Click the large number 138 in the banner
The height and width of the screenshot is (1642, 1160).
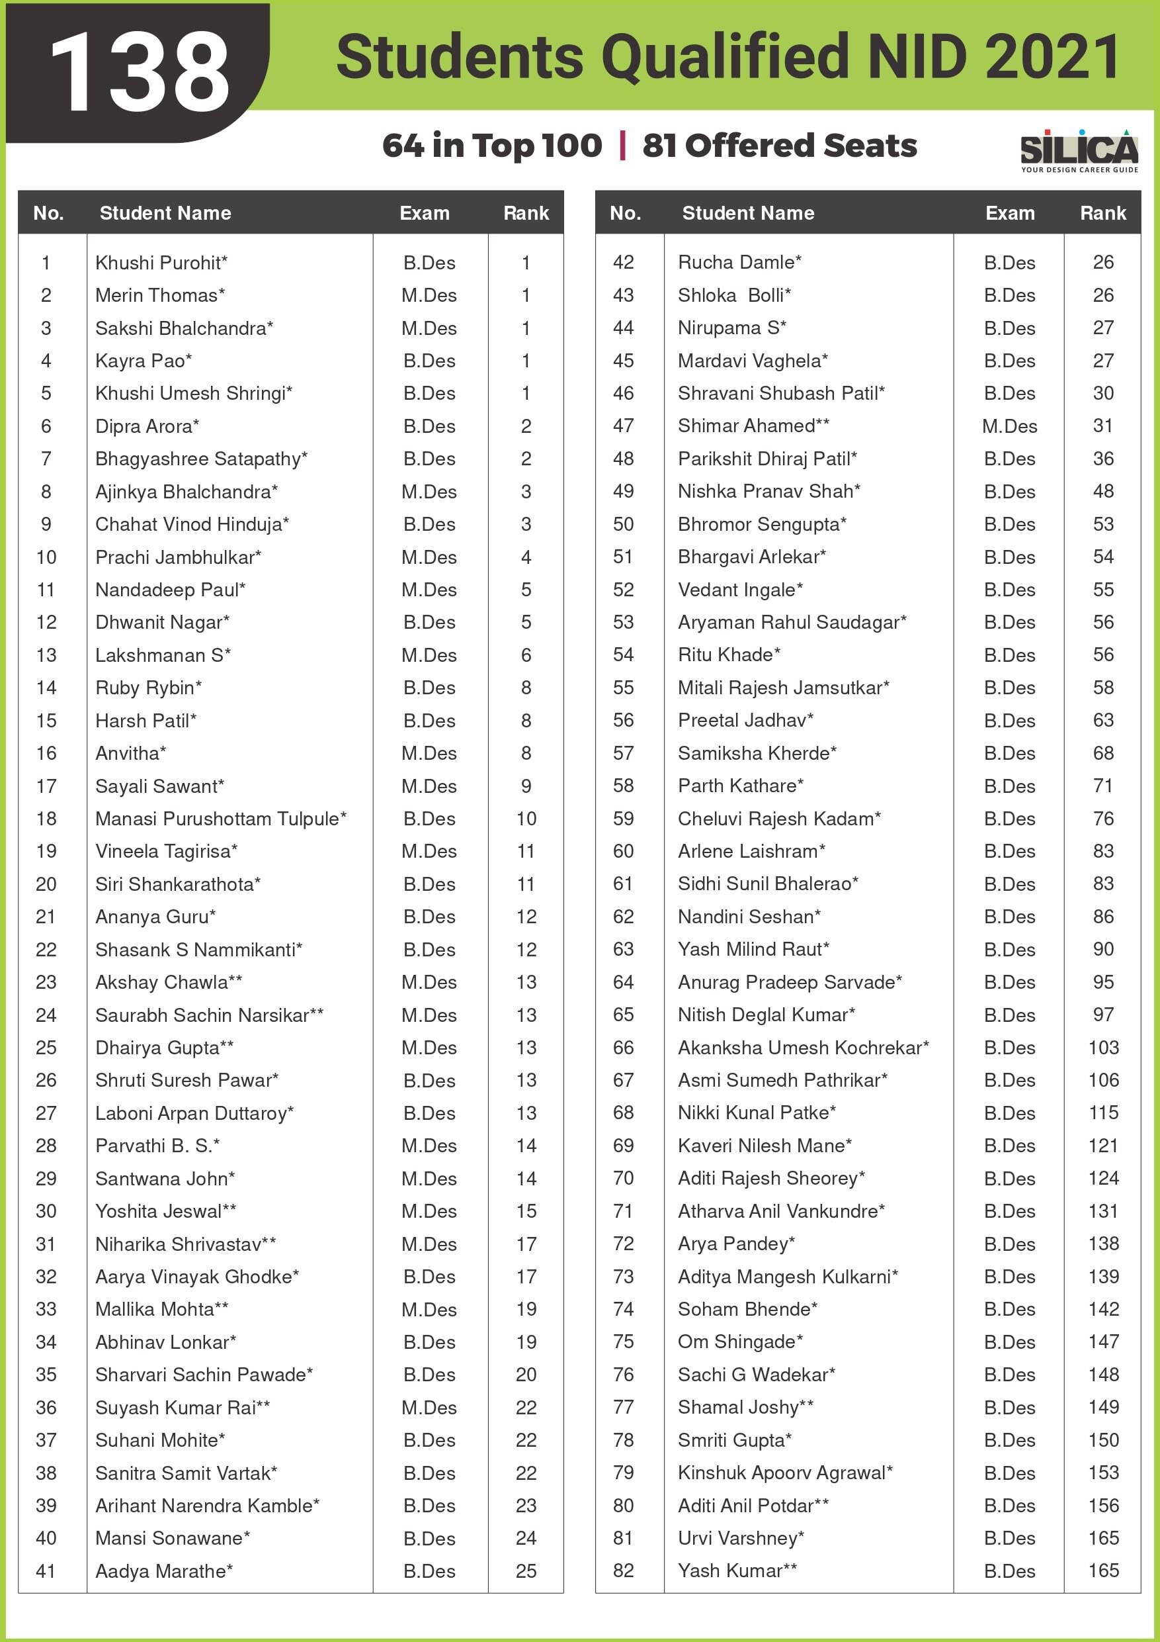[x=140, y=71]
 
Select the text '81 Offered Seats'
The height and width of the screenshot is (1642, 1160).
[x=779, y=145]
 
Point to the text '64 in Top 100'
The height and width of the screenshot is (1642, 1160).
[x=492, y=145]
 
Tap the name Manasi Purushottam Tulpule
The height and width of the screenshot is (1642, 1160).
[x=220, y=818]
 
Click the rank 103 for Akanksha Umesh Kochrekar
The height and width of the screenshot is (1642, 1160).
[x=1103, y=1048]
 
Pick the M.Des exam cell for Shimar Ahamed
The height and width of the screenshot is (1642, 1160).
[x=1009, y=426]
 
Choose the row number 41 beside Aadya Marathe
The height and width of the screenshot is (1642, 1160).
[x=46, y=1571]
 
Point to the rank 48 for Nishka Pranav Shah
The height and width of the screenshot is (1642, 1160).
[x=1103, y=491]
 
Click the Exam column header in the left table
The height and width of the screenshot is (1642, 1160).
[x=425, y=213]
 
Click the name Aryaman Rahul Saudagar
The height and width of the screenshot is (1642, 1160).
[x=791, y=622]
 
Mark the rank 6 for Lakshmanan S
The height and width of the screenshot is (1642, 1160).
[x=526, y=655]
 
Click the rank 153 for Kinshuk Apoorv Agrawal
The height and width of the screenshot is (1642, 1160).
[x=1103, y=1473]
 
